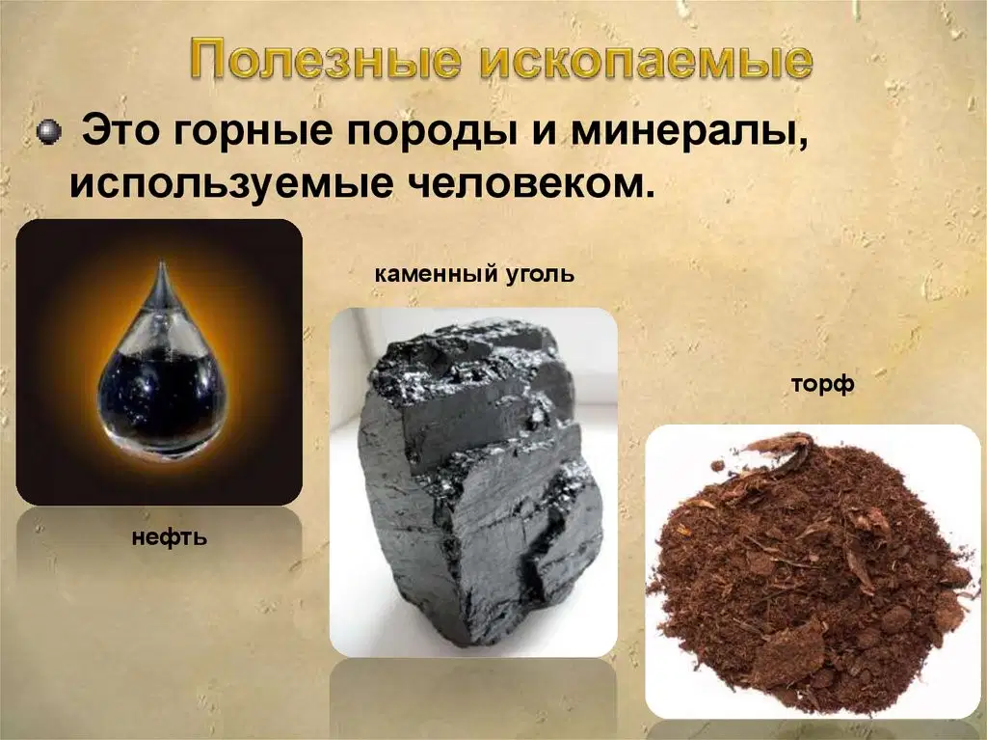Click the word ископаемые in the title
coord(648,62)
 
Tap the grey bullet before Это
coord(49,132)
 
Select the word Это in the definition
coord(120,130)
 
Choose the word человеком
coord(521,184)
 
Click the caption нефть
coord(170,537)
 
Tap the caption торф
coord(822,384)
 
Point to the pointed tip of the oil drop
coord(162,261)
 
